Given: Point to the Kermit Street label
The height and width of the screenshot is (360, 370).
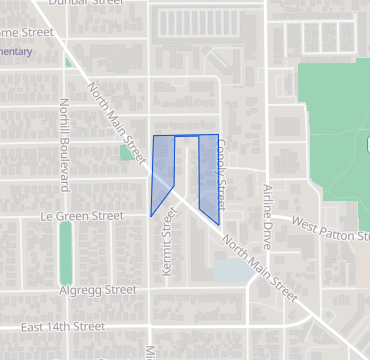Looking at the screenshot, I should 168,248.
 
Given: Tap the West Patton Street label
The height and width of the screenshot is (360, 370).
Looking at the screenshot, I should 331,230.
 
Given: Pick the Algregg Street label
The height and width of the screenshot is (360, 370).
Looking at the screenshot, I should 97,290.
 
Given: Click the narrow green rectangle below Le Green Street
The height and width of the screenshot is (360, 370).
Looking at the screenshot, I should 66,252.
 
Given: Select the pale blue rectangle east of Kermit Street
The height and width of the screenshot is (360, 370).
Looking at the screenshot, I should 229,269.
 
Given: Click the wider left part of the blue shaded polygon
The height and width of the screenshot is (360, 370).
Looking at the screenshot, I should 162,170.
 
